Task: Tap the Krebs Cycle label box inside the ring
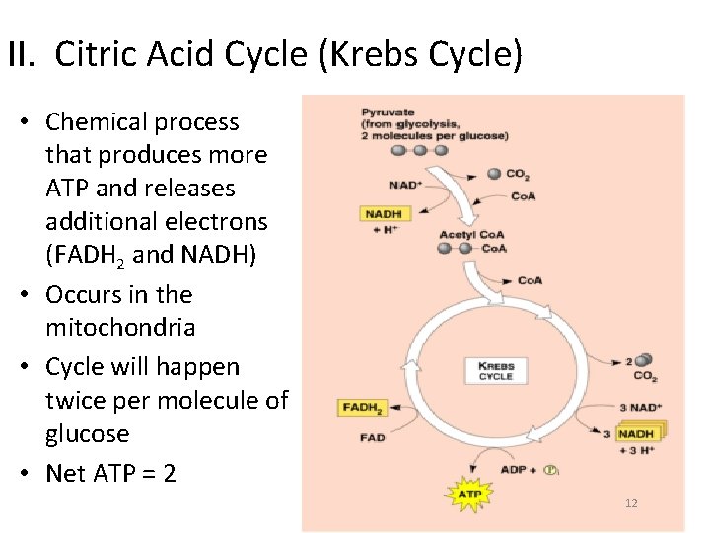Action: pos(496,371)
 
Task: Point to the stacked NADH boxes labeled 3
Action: pos(639,433)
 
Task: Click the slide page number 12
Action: pos(631,504)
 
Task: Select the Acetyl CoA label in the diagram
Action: pos(471,234)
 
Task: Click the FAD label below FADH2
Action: pos(373,437)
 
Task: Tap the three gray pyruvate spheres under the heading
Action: pos(419,150)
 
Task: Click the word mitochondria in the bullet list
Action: pos(120,327)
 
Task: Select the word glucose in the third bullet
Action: pos(88,433)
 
